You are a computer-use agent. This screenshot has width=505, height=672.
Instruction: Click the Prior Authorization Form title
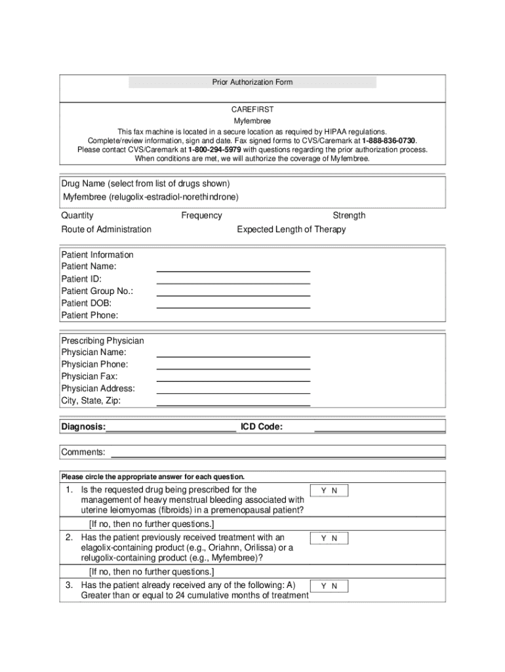[x=252, y=82]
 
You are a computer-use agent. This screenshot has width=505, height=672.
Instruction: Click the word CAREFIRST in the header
[x=253, y=110]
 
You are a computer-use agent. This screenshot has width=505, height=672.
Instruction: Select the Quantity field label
[x=77, y=215]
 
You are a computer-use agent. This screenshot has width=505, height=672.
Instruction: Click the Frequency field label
[x=201, y=215]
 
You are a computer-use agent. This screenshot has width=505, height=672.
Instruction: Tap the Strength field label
[x=349, y=215]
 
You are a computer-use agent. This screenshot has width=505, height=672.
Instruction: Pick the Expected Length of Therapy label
[x=291, y=229]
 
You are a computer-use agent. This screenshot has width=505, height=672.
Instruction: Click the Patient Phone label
[x=90, y=315]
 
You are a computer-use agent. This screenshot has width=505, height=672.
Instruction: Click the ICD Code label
[x=262, y=427]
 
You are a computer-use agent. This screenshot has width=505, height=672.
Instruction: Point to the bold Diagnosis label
[x=83, y=427]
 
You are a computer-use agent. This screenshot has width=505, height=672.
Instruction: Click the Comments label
[x=83, y=452]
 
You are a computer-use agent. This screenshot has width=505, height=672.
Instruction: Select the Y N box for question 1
[x=329, y=491]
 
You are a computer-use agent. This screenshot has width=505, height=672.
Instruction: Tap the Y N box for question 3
[x=329, y=586]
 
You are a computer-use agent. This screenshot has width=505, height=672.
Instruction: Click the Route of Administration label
[x=106, y=229]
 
